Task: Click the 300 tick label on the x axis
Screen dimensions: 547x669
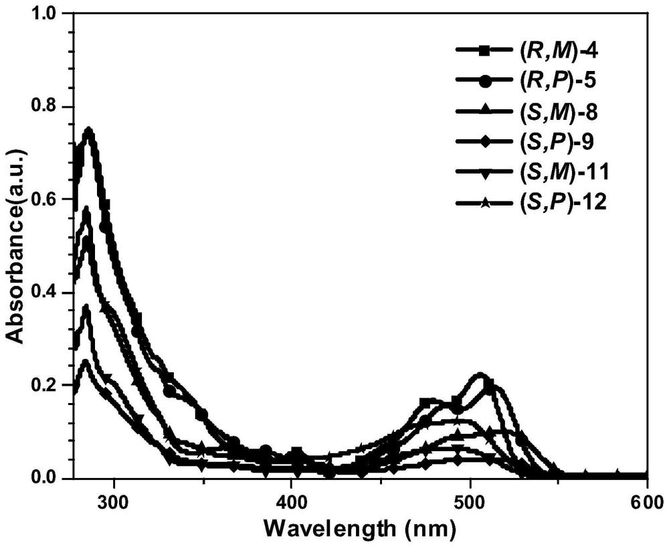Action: point(114,501)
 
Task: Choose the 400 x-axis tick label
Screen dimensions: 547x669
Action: point(292,501)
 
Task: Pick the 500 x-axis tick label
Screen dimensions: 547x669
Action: point(470,501)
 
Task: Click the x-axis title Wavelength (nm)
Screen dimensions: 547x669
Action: point(362,528)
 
